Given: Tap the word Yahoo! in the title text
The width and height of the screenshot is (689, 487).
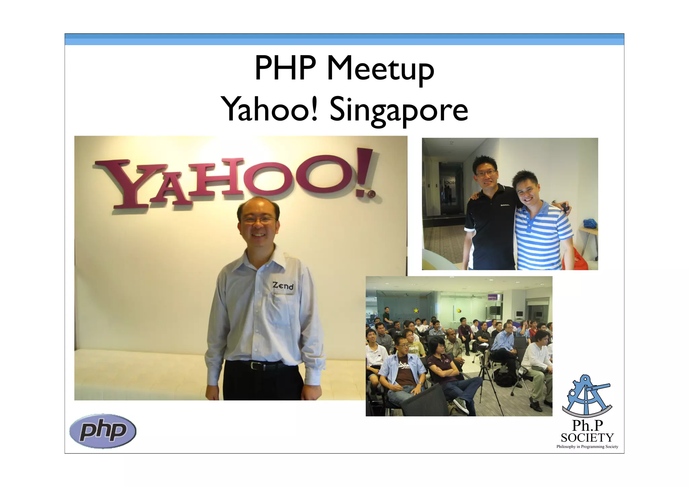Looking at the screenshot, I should click(269, 109).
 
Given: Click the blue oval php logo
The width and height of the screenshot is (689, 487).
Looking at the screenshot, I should click(103, 431).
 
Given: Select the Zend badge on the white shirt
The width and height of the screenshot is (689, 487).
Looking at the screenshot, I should click(283, 286).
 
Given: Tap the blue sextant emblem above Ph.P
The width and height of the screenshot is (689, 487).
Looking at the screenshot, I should click(587, 396).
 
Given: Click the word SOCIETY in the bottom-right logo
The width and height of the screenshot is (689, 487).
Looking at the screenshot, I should click(587, 438).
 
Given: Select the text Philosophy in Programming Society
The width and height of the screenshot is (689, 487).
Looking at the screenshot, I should click(587, 447).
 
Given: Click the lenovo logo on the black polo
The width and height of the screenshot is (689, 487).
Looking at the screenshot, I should click(505, 205).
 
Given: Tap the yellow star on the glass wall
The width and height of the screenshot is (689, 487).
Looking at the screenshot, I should click(416, 310).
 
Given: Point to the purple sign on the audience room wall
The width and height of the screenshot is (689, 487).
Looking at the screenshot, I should click(493, 297).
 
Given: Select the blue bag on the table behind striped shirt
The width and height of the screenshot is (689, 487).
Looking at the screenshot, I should click(590, 223).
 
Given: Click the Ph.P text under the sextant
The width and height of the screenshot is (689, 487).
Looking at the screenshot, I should click(587, 426).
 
